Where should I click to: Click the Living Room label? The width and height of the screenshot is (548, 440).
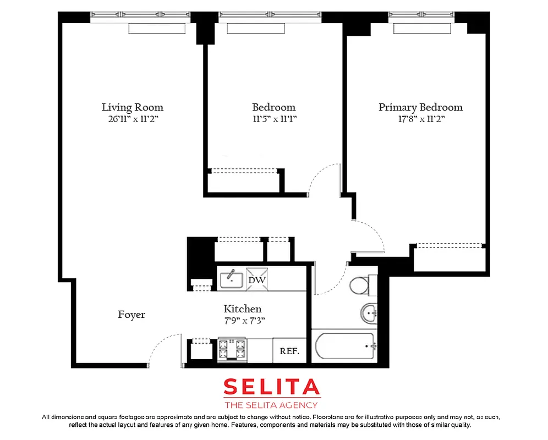[x=133, y=107]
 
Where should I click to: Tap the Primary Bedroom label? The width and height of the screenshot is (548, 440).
[x=420, y=107]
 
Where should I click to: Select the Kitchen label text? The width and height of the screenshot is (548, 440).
[x=242, y=309]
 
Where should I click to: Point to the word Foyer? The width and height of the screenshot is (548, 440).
[x=131, y=315]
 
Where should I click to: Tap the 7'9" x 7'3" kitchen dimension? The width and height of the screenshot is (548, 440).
[x=242, y=320]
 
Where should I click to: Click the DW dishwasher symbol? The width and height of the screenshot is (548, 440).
[x=256, y=279]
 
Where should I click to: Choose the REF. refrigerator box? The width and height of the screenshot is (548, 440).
[x=289, y=351]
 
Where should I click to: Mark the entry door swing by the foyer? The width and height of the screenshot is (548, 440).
[x=165, y=349]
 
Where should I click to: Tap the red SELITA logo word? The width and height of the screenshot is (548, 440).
[x=271, y=387]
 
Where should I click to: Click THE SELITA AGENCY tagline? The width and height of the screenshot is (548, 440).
[x=271, y=405]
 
